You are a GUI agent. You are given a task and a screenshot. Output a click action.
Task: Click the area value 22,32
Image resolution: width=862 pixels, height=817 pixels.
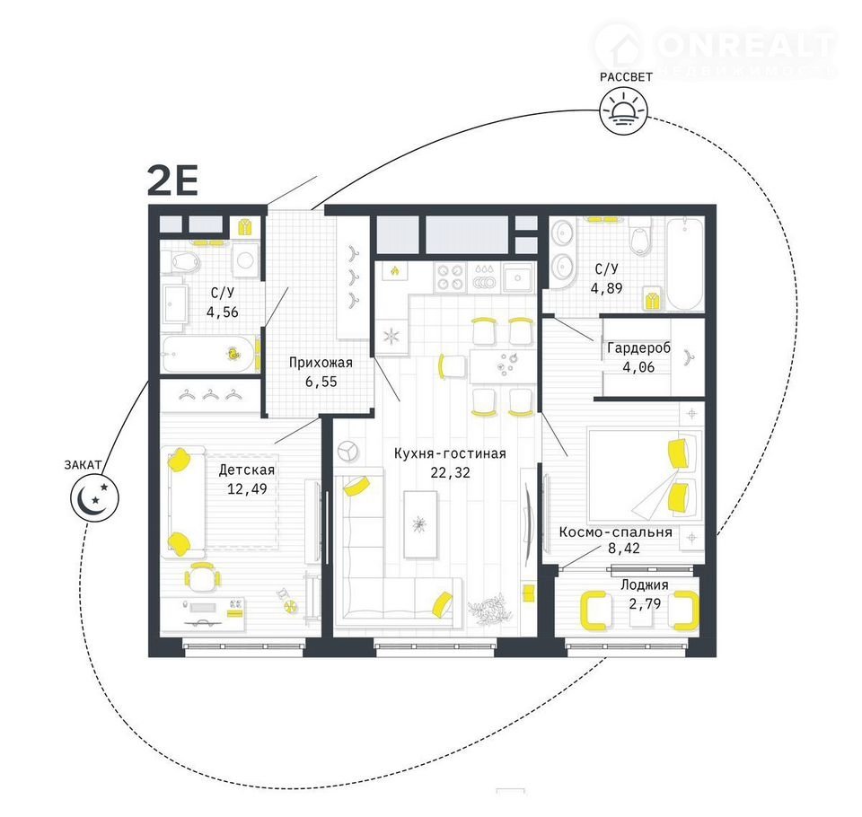point(450,472)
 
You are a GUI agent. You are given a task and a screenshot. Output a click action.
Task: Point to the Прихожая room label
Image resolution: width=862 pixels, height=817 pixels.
point(321,363)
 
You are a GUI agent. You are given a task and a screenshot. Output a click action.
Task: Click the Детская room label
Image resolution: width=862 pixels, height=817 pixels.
point(246,470)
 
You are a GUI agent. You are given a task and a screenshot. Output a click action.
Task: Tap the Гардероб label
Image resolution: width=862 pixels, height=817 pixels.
point(638,348)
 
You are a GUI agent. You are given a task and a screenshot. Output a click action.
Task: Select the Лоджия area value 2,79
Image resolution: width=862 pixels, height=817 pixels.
point(645,603)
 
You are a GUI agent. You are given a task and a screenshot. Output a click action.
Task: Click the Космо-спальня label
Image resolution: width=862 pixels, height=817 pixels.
point(615,531)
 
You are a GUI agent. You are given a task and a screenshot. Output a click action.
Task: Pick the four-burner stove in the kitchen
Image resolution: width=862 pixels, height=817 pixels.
point(449,277)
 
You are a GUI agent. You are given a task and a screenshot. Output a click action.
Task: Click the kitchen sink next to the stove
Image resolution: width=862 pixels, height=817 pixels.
point(518,277)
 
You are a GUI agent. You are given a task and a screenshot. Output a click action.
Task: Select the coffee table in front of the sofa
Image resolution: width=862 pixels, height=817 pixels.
point(420,524)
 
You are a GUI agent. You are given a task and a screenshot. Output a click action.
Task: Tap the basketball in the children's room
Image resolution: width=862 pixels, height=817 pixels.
point(290,605)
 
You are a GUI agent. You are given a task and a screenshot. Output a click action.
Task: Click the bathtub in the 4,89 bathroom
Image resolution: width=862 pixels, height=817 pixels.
point(684,264)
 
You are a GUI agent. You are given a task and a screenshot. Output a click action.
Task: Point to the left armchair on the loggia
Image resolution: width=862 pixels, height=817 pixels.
point(594,611)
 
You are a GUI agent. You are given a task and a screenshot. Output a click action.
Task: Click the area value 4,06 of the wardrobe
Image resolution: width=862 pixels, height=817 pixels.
point(638,366)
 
